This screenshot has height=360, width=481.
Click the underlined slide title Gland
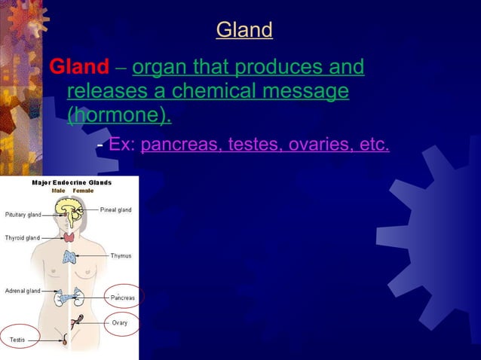[244, 30]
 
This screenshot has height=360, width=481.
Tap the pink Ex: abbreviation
[122, 144]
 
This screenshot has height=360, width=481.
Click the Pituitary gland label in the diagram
[23, 215]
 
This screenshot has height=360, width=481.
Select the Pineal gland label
[115, 209]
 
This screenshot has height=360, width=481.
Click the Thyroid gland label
[23, 238]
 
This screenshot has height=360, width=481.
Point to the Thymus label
[121, 256]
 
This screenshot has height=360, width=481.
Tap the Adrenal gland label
[23, 291]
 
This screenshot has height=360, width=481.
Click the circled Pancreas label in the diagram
[123, 297]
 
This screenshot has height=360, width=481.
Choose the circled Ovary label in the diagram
[120, 323]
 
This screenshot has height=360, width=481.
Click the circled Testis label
[17, 340]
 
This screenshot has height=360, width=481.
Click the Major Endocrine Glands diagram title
[71, 182]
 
